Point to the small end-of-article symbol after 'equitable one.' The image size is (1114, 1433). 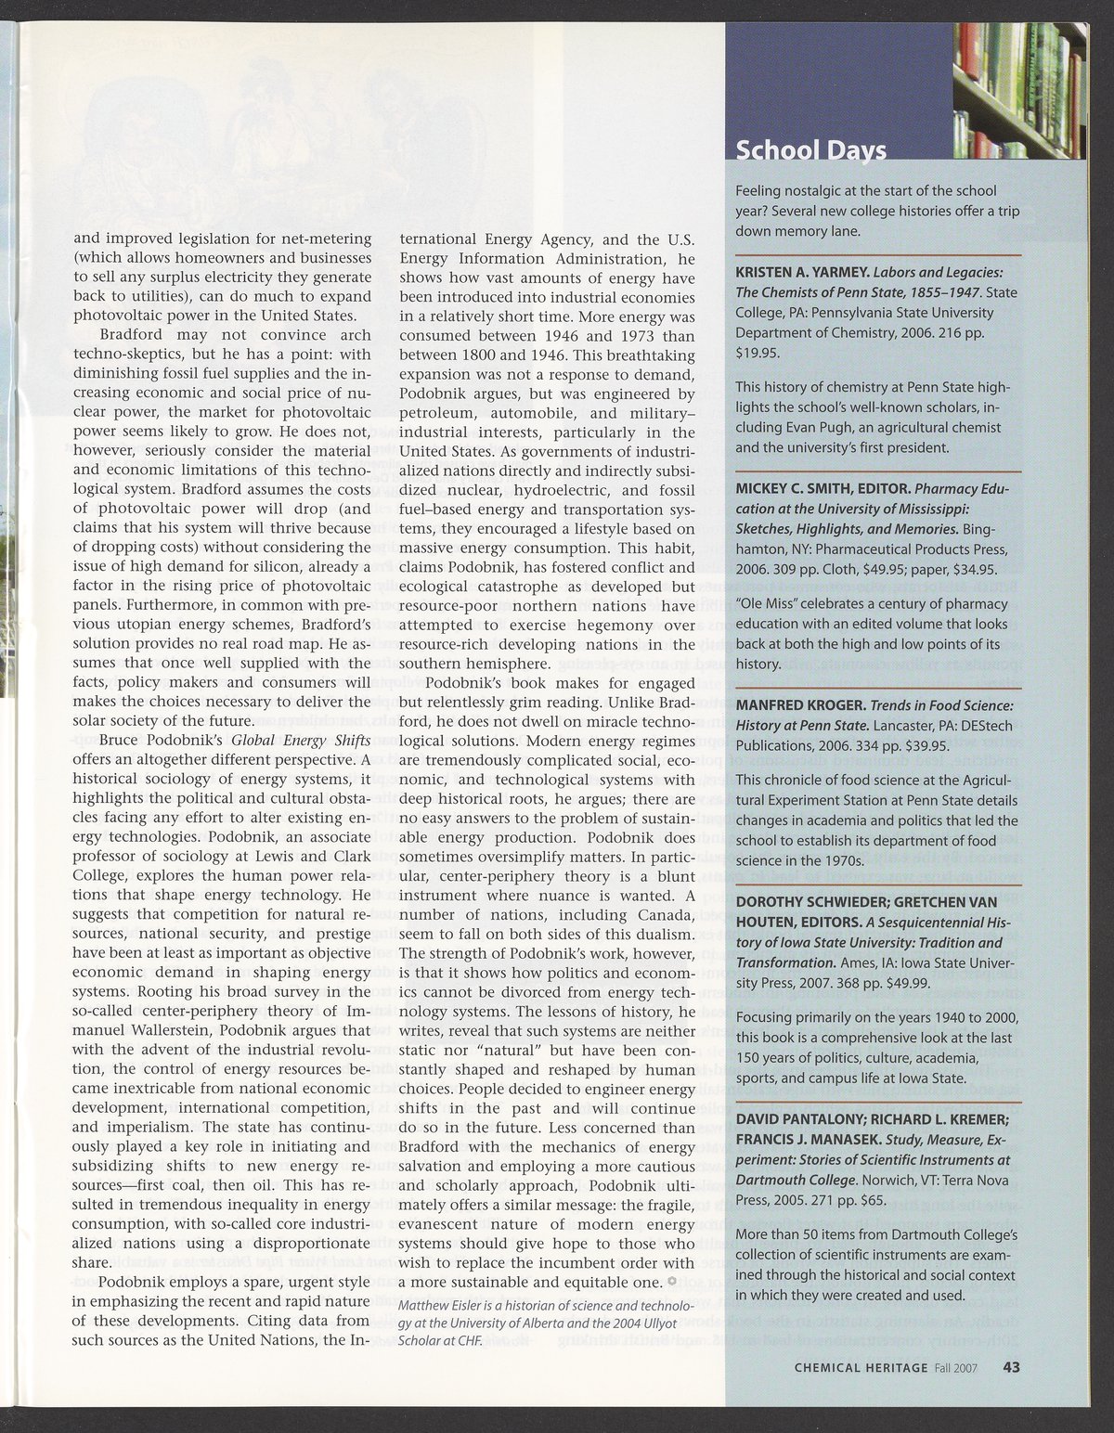pos(671,1282)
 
